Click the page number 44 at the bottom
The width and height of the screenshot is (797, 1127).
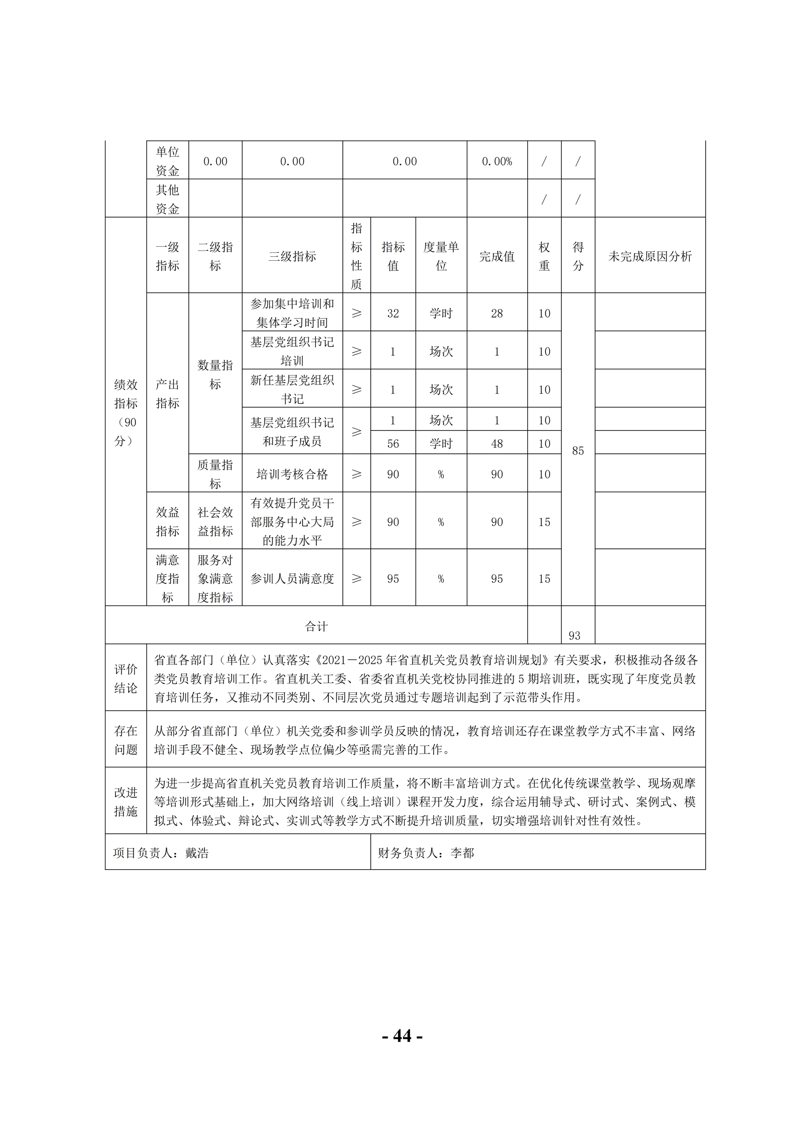coord(402,1036)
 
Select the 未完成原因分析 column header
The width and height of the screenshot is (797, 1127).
coord(650,256)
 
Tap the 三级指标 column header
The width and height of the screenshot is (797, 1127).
coord(292,256)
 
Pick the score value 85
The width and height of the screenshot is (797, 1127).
coord(578,451)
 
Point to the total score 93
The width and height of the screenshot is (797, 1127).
coord(574,636)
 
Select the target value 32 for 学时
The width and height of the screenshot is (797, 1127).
coord(393,313)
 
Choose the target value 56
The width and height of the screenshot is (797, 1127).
coord(393,444)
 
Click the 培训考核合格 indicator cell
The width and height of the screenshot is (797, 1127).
coord(292,474)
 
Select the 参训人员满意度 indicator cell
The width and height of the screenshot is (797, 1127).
coord(292,579)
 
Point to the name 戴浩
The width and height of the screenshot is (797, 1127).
coord(197,853)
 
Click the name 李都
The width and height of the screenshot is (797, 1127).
coord(462,853)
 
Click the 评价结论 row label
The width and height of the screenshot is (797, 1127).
coord(126,678)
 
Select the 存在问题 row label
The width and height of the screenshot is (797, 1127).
coord(126,740)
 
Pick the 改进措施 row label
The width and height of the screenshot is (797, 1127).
coord(126,801)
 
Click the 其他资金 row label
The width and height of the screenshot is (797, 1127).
coord(167,199)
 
